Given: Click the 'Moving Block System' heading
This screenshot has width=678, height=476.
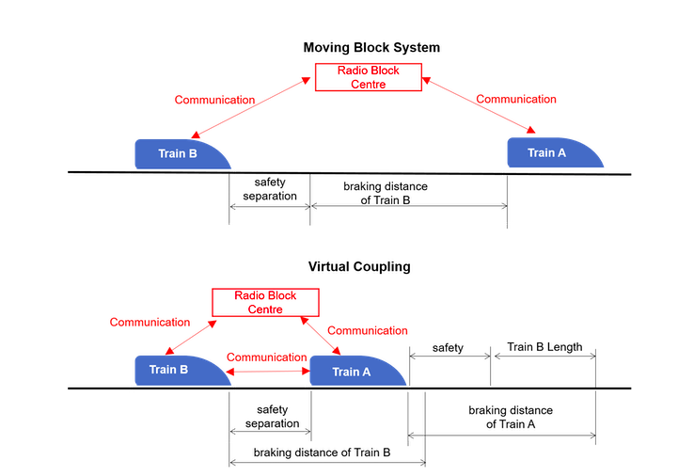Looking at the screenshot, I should coord(371,47).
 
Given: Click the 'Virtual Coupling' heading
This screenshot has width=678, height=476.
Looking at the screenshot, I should coord(359,266).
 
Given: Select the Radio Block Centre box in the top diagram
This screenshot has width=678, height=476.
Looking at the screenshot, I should coord(370,76).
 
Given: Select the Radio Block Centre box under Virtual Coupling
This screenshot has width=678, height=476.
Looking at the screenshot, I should coord(265,302).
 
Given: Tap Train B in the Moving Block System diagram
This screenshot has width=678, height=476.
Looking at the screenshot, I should coord(179,153).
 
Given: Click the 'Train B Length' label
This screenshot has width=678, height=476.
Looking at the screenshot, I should coord(544,347).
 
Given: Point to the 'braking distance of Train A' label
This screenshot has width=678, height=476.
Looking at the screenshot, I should coord(511,418).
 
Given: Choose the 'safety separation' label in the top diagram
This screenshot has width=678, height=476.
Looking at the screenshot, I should coord(270,189).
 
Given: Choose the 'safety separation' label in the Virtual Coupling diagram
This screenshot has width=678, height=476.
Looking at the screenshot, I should coord(272,417).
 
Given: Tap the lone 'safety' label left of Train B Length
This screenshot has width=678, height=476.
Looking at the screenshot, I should coord(448,348).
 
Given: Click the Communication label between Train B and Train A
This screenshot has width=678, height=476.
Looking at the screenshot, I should coord(267,357).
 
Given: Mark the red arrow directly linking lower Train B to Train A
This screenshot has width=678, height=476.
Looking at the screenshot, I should coord(271,373).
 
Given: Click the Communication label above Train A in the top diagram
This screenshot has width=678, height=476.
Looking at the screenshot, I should coord(516,99).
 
